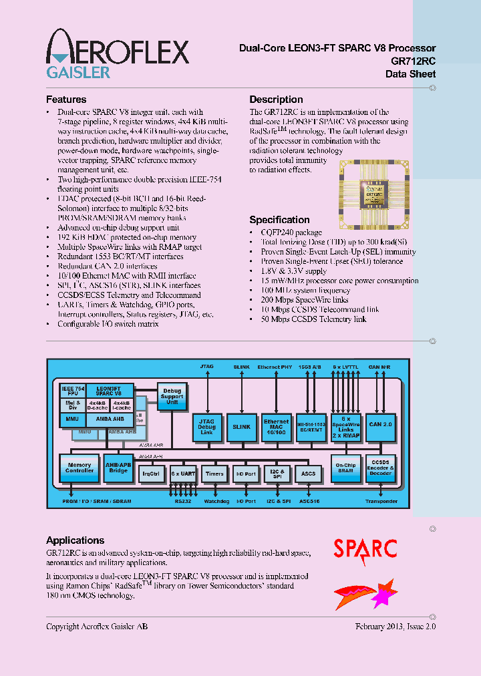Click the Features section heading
click(65, 100)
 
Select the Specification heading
click(279, 220)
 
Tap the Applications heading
click(75, 540)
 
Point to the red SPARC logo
click(365, 549)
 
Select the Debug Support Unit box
click(172, 397)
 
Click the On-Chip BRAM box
click(345, 468)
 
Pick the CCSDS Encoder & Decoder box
click(381, 468)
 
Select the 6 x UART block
click(182, 474)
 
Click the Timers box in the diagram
click(214, 474)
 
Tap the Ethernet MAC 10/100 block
click(276, 426)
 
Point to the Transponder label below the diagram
click(381, 501)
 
